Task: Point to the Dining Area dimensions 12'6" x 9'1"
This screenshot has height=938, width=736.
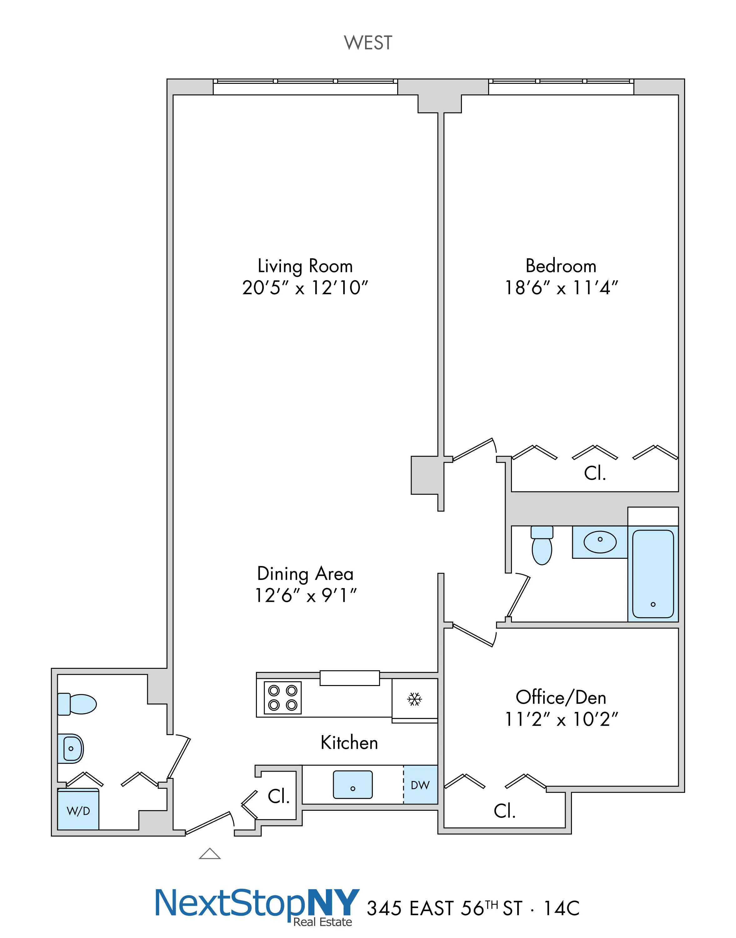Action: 306,596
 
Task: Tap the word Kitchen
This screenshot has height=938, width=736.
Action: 349,743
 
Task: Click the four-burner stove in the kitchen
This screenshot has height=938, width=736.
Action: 283,698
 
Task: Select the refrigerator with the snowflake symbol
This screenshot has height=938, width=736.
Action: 414,699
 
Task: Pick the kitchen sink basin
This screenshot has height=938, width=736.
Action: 353,784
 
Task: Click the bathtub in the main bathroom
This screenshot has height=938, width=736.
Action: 653,574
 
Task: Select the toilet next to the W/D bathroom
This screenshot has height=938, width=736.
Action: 78,704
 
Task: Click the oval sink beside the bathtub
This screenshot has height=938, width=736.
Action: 600,542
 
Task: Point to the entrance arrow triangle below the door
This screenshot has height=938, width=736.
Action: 210,854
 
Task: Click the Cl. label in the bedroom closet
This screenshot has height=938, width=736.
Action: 595,473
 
